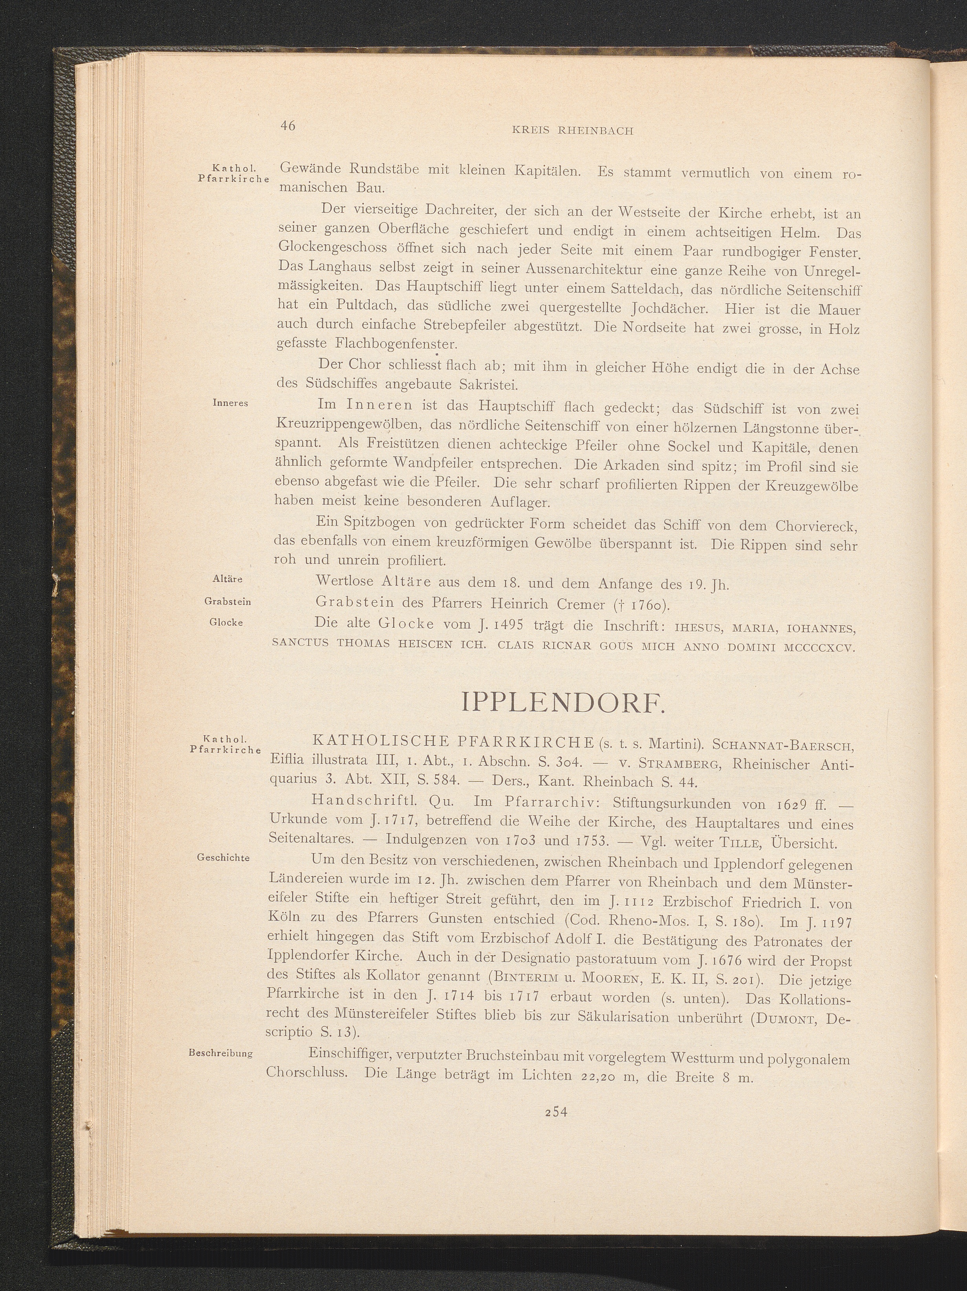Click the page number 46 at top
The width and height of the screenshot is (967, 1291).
point(288,126)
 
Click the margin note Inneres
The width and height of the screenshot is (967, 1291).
point(231,403)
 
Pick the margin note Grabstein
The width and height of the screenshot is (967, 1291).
point(227,601)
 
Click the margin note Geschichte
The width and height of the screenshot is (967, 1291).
point(224,857)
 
